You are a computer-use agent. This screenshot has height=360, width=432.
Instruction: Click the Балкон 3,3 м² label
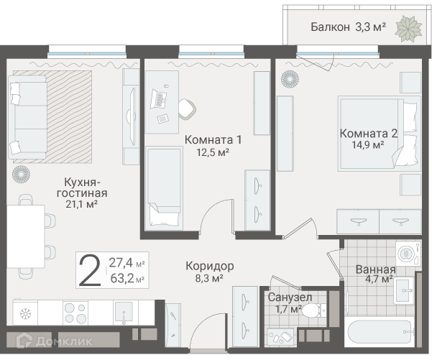point(348,27)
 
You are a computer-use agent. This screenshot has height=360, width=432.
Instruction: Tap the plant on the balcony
point(409,29)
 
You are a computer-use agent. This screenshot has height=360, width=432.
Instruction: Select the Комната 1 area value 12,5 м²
point(213,152)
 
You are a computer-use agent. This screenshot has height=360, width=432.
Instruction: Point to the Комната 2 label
point(369,134)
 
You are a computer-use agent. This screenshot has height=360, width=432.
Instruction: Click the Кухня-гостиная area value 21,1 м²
point(81,204)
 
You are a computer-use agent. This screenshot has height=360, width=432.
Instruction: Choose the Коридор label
point(210,266)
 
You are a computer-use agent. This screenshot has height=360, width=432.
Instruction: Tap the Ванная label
point(375,269)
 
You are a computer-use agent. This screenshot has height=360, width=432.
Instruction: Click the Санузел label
point(290,297)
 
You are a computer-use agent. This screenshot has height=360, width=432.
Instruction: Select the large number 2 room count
point(90,269)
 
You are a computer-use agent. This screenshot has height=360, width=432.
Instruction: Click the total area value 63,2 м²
point(127,279)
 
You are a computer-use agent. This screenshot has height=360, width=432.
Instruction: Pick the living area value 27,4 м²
point(127,263)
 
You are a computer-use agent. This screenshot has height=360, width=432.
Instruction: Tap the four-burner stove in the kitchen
point(75,313)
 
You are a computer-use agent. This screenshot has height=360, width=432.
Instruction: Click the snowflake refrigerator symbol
point(25,313)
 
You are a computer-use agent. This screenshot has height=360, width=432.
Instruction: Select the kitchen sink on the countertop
point(124,312)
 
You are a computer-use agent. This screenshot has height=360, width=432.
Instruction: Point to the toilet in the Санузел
point(314,310)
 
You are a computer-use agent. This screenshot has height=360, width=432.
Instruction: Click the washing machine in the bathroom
point(408,254)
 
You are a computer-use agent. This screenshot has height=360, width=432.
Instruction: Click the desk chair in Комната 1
point(187,109)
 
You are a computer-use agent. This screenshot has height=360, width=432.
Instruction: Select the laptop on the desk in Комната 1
point(158,99)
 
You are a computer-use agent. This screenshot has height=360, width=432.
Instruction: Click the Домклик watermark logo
point(54,341)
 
